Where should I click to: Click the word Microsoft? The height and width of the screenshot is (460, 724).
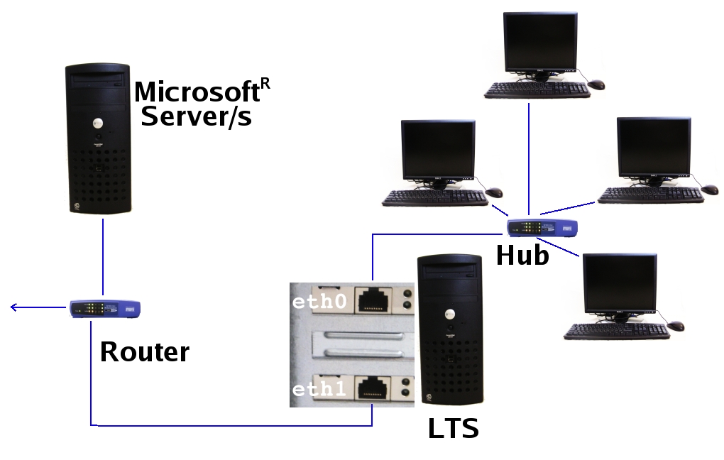coord(196,92)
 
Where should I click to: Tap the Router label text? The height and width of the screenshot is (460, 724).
coord(144,352)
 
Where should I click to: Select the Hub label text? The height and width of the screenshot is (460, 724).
coord(522,256)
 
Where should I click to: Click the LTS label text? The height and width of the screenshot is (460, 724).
coord(453,429)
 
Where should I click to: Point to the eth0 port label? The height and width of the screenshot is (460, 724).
coord(319,302)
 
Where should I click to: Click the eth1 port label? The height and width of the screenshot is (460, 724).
coord(319,390)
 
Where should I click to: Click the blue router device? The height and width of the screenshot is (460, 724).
coord(105,309)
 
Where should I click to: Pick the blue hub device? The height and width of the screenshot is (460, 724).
coord(542,228)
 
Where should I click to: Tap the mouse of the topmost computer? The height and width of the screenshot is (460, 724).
coord(597,84)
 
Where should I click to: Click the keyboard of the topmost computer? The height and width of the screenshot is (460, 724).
coord(537,89)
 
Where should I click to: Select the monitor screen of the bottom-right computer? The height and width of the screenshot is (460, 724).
coord(620,282)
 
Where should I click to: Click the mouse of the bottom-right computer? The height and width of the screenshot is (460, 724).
coord(676,326)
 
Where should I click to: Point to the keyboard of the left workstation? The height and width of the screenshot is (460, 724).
coord(435,198)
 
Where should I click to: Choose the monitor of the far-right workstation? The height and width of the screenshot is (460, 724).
coord(654,146)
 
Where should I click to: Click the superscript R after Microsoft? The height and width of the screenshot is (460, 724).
coord(265,84)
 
